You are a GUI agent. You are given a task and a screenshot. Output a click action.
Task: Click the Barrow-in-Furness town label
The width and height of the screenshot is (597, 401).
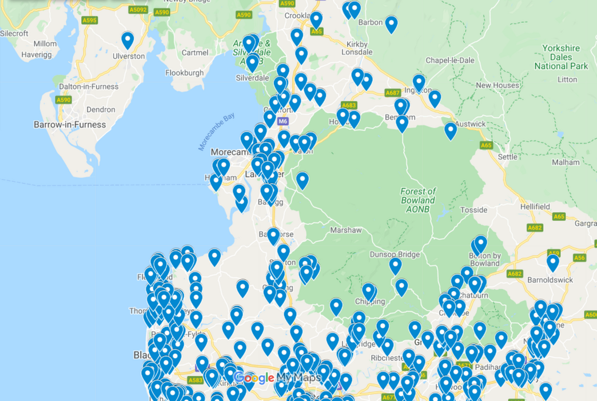coord(70,124)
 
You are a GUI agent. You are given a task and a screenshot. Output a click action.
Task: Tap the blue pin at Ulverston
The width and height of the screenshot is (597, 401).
coord(128,41)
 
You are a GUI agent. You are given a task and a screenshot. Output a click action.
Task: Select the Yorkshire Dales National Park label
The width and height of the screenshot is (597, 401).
coord(561,57)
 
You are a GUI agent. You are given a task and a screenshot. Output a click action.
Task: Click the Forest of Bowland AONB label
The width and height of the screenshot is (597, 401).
coord(419,196)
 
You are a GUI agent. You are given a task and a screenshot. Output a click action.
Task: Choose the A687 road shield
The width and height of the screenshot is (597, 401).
coord(393,93)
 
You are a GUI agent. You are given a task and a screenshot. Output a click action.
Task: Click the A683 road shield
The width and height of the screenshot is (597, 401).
coord(349,105)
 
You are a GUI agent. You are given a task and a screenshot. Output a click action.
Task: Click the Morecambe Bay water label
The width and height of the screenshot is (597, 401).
coord(217,132)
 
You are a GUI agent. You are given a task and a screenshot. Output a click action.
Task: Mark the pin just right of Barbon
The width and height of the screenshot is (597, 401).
coord(391,25)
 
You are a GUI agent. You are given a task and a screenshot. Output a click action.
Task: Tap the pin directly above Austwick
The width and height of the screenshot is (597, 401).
coord(451,130)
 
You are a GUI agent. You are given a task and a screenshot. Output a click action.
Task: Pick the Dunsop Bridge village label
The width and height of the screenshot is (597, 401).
coord(395,255)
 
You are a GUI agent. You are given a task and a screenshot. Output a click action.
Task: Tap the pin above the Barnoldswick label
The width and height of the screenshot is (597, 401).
coord(552,263)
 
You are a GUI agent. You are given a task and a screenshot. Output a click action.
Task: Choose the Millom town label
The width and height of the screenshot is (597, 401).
coord(45,43)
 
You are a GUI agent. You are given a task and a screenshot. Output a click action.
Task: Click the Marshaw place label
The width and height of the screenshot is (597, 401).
coord(346,230)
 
